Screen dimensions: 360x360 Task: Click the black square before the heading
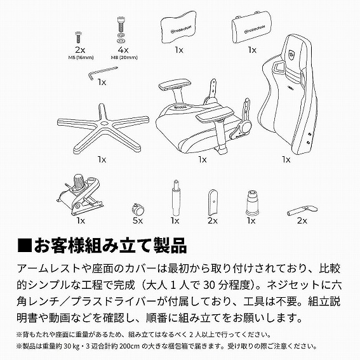[23, 244]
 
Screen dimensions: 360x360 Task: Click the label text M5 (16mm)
[80, 57]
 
